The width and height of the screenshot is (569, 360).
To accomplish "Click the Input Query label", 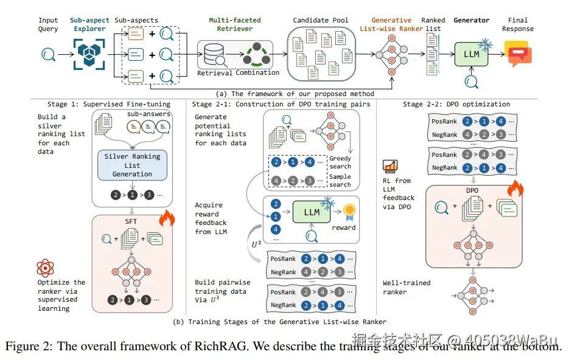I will point(48,24).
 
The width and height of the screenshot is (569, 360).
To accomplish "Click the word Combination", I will point(257,73).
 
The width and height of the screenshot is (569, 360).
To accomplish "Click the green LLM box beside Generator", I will point(472,54).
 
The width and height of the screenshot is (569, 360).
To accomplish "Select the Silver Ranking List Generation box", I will point(132,165).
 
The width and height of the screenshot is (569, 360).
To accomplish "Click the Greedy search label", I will point(340,162).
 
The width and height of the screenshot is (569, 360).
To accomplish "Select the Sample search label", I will point(340,181).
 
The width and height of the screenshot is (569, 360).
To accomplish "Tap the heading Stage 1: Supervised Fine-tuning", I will point(109,104).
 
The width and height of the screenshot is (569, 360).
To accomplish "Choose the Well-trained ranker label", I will point(407,287).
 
